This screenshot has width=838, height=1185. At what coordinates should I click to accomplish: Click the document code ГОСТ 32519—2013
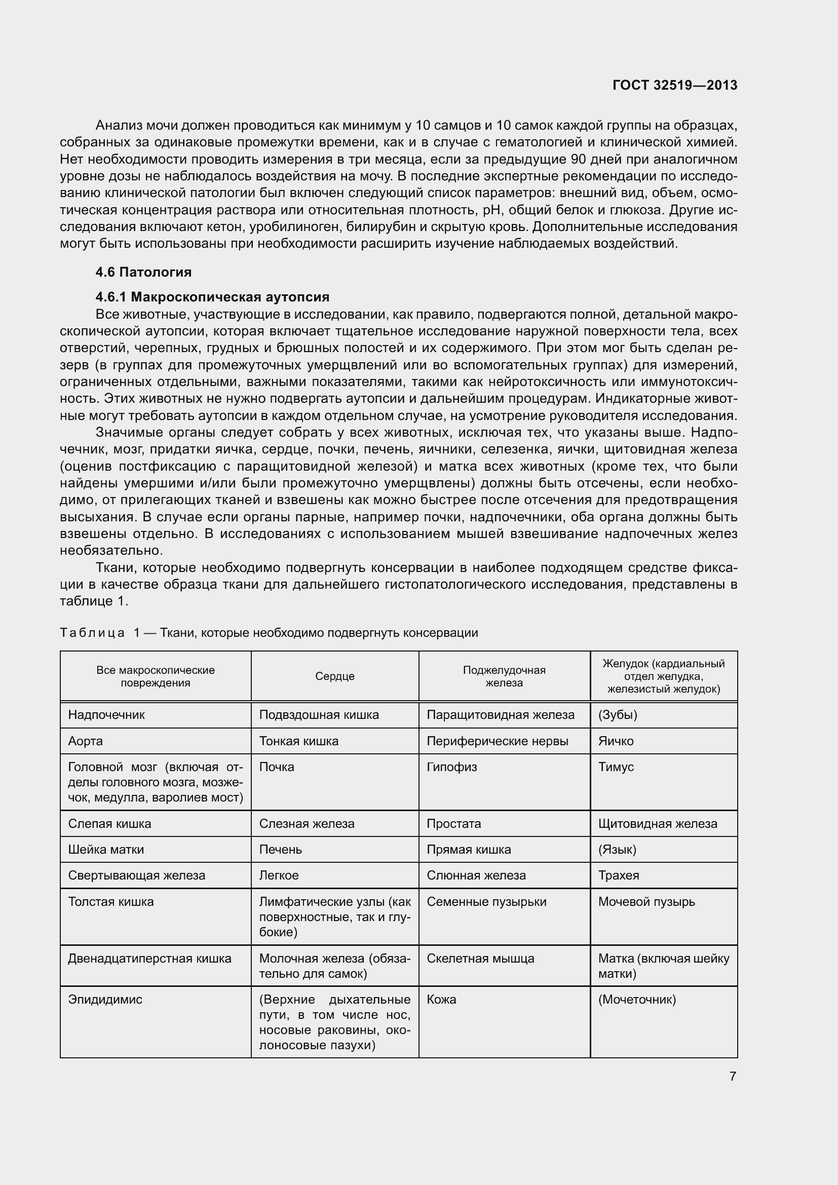pyautogui.click(x=674, y=85)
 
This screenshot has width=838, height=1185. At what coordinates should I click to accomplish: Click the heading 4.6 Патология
pyautogui.click(x=143, y=272)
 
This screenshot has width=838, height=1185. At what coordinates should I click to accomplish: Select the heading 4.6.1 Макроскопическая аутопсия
pyautogui.click(x=212, y=297)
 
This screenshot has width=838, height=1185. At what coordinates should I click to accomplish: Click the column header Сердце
pyautogui.click(x=335, y=676)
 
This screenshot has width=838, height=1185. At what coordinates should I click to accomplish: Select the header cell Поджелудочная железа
pyautogui.click(x=504, y=676)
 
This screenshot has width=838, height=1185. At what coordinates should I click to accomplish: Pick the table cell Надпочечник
pyautogui.click(x=106, y=715)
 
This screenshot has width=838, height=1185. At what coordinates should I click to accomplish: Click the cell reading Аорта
pyautogui.click(x=86, y=741)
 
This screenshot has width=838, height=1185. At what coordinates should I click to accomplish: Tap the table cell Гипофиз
pyautogui.click(x=452, y=767)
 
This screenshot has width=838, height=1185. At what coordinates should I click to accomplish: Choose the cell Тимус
pyautogui.click(x=616, y=767)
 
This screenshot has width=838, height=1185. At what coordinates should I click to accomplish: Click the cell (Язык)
pyautogui.click(x=617, y=850)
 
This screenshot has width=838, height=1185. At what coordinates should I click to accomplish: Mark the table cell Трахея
pyautogui.click(x=619, y=875)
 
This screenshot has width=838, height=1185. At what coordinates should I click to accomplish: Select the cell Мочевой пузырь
pyautogui.click(x=646, y=902)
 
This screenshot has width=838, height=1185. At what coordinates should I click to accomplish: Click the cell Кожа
pyautogui.click(x=442, y=1000)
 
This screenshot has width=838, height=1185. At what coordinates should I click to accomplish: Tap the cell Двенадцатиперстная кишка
pyautogui.click(x=149, y=959)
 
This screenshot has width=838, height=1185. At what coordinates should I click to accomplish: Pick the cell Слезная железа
pyautogui.click(x=307, y=824)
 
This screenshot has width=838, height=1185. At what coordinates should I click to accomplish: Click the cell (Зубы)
pyautogui.click(x=618, y=715)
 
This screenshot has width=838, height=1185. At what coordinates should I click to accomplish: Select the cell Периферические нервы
pyautogui.click(x=498, y=741)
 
